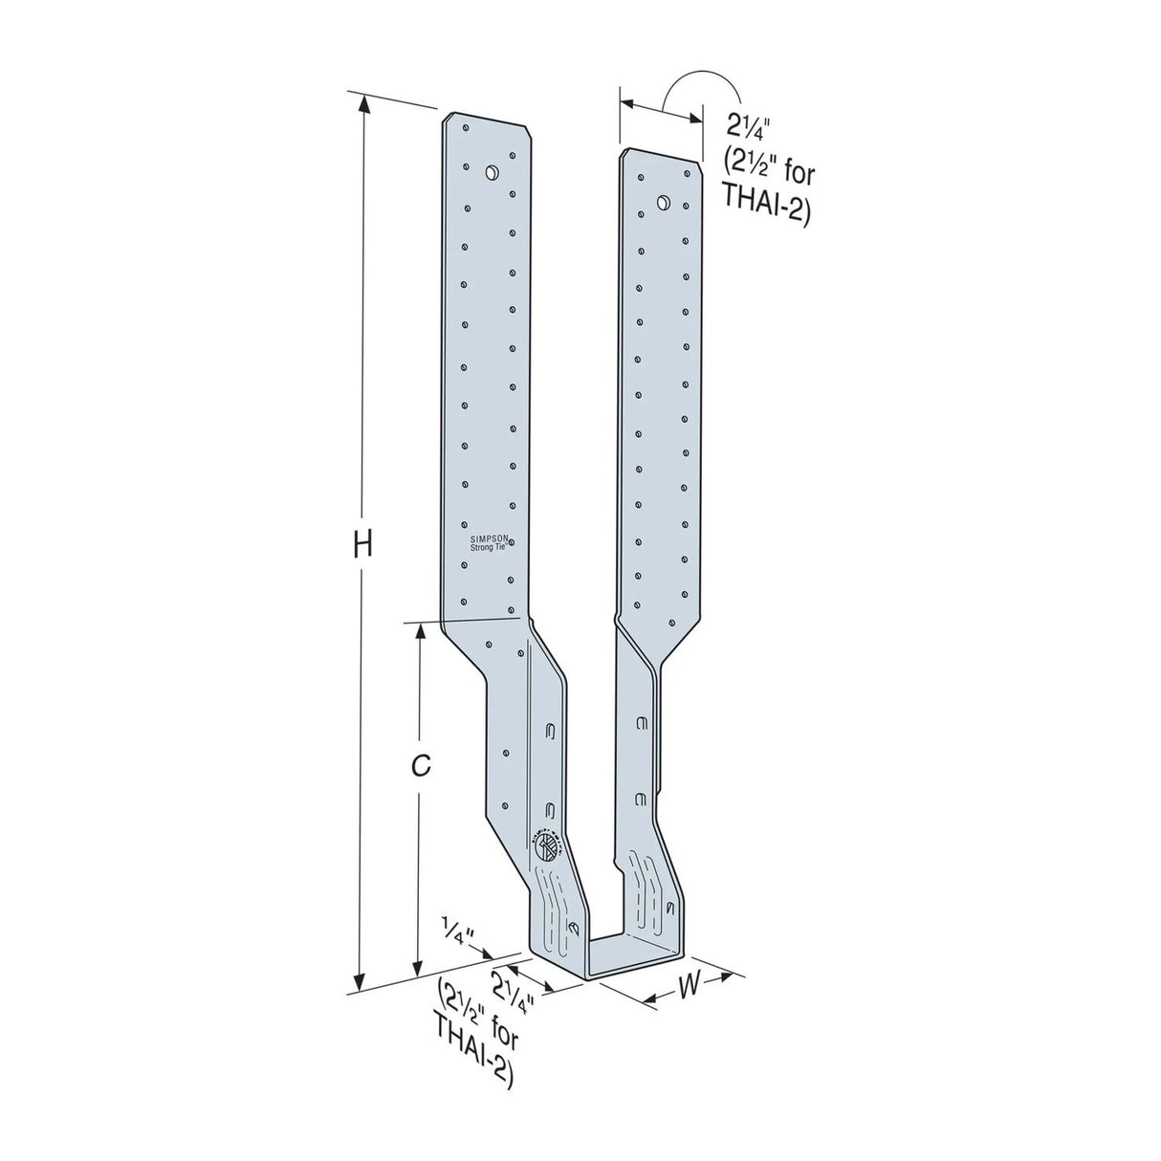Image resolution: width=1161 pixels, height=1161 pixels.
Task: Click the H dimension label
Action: coord(360,544)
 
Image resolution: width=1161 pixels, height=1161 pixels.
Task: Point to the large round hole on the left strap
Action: coord(492,174)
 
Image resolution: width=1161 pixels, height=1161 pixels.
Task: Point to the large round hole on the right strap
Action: coord(662,201)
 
